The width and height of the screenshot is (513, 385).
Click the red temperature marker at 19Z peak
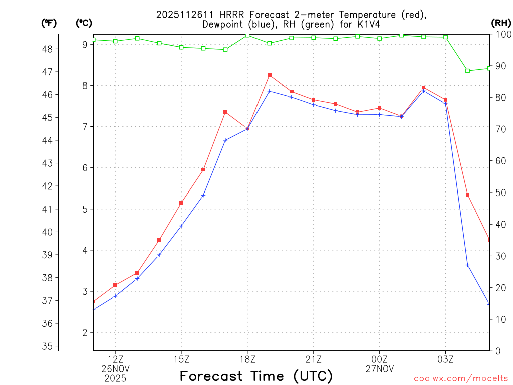click(270, 75)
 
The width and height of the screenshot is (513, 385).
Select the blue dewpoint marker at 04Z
click(468, 265)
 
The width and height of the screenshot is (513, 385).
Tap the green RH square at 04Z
click(468, 71)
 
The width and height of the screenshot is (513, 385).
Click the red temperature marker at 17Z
click(225, 112)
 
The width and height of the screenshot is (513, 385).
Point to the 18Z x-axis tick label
click(247, 359)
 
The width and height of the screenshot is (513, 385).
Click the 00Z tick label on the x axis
click(380, 359)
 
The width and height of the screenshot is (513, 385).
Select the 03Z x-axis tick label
click(446, 359)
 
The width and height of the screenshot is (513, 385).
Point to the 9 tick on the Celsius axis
click(85, 45)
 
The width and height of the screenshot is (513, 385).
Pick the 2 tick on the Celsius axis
click(85, 333)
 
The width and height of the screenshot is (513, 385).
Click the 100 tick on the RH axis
click(503, 34)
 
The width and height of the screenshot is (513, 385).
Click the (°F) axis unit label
click(49, 23)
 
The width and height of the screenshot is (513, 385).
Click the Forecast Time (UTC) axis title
click(256, 376)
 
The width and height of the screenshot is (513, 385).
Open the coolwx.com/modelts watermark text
click(461, 378)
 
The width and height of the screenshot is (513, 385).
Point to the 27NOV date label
click(380, 369)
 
